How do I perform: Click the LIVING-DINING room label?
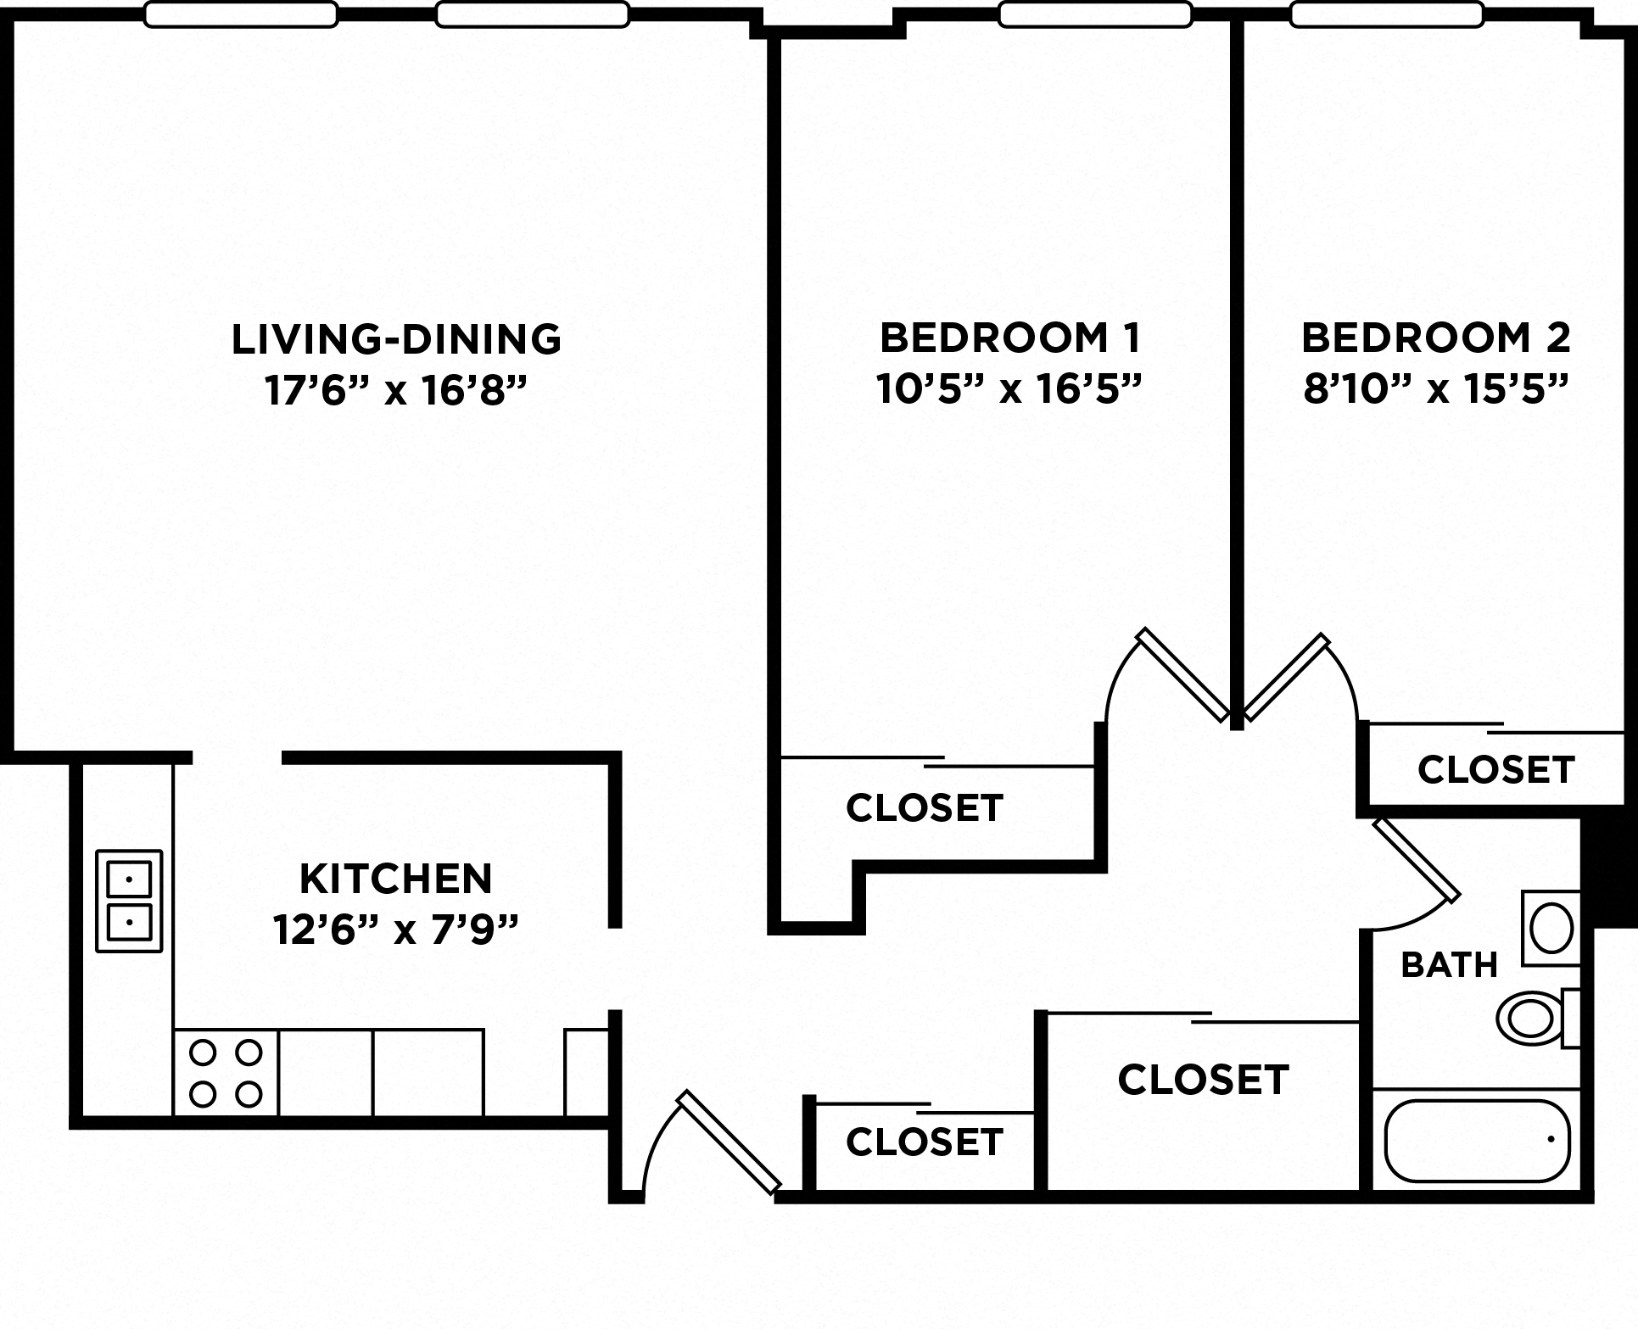click(396, 338)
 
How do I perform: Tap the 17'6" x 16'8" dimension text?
click(396, 391)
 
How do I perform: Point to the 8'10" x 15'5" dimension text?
click(1435, 391)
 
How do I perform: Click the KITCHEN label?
click(396, 879)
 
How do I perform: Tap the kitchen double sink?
click(129, 901)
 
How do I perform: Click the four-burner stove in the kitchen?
click(226, 1074)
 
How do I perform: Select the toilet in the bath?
click(1535, 1018)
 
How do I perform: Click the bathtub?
click(1477, 1141)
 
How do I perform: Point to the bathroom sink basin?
click(1551, 928)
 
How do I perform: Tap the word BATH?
click(1449, 965)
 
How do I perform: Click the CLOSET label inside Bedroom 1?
click(925, 808)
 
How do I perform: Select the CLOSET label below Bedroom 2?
click(1495, 770)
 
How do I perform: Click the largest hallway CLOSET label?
click(1203, 1080)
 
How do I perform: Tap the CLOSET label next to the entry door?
click(925, 1142)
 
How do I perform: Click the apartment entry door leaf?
click(729, 1142)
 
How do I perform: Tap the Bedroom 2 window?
click(1386, 14)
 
